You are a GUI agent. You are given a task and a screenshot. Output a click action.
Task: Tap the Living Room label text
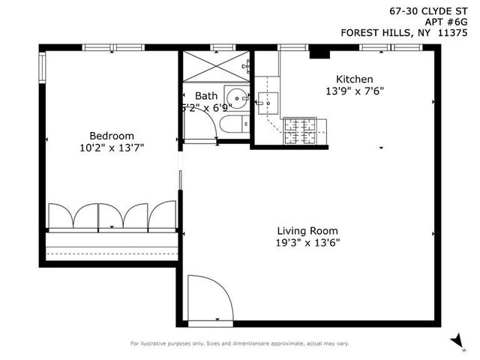click(307, 230)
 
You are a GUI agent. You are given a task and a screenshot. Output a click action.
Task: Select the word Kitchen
click(354, 79)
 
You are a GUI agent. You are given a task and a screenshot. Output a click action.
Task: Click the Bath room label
click(206, 96)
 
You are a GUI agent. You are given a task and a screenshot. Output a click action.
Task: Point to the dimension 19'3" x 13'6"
click(307, 242)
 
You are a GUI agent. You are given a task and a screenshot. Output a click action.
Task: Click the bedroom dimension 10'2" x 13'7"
click(111, 148)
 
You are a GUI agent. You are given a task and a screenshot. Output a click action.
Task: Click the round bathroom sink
click(237, 97)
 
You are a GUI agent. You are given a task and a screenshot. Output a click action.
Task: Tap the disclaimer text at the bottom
click(240, 343)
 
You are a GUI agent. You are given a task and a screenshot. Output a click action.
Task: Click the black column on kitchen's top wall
click(319, 52)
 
